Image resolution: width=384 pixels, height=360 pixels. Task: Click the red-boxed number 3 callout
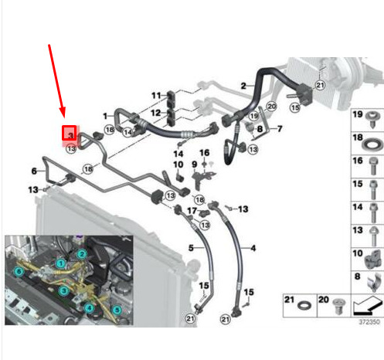(x=70, y=133)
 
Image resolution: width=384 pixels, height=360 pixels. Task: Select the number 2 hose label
(x=243, y=86)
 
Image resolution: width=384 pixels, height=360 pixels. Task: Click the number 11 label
(x=156, y=96)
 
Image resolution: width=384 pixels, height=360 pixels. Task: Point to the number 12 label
(x=156, y=113)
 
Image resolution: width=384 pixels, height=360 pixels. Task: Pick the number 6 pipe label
(x=34, y=171)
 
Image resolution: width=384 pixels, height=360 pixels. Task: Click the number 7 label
(x=280, y=128)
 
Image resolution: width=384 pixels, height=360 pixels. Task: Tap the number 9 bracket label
(x=195, y=165)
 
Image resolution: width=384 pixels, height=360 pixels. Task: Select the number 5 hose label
(x=191, y=248)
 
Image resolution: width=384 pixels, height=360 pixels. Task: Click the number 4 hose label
(x=253, y=248)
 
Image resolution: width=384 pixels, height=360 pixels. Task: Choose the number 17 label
(x=192, y=211)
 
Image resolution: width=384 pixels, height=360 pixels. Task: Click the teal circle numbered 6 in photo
(x=19, y=271)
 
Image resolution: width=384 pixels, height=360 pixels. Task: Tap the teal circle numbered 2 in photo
(x=82, y=254)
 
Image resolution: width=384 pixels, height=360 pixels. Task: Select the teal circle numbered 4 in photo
(x=89, y=307)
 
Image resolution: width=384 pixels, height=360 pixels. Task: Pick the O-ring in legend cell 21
(x=304, y=306)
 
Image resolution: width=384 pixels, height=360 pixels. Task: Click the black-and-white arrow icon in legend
(x=367, y=305)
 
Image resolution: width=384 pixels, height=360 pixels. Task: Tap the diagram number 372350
(x=369, y=322)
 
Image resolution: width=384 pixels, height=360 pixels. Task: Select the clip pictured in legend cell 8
(x=373, y=283)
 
